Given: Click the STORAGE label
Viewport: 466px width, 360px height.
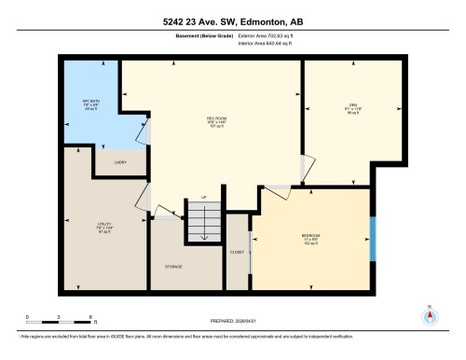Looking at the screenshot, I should point(173,267).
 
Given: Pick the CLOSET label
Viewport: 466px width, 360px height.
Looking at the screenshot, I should point(237,252).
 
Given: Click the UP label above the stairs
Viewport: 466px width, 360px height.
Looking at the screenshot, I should point(203,198).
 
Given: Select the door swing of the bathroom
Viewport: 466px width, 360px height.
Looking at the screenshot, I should point(140,132).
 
